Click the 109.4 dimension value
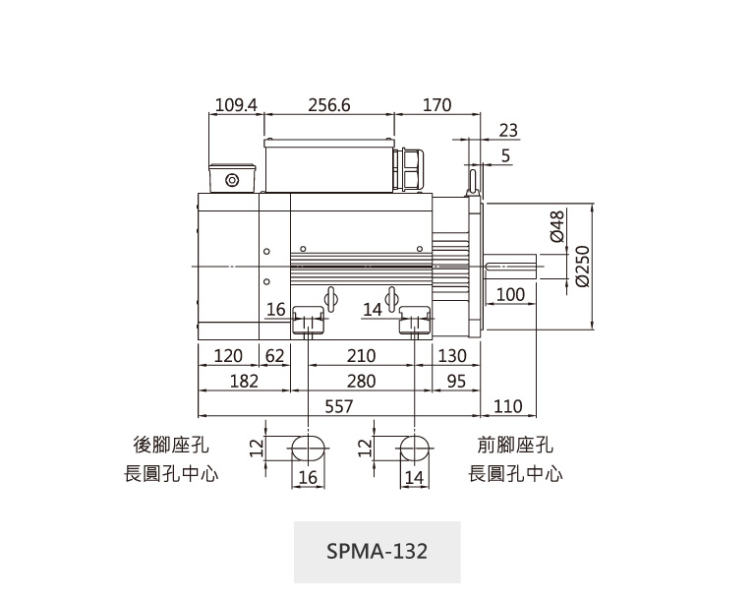(x=236, y=105)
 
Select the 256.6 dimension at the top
(x=329, y=105)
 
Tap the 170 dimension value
(x=436, y=105)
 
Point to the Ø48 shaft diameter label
(x=556, y=226)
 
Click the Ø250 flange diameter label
(x=583, y=267)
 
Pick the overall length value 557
(x=339, y=406)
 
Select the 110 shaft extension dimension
(x=508, y=406)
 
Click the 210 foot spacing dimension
(x=361, y=356)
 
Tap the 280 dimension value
(x=361, y=382)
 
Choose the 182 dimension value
(x=244, y=382)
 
